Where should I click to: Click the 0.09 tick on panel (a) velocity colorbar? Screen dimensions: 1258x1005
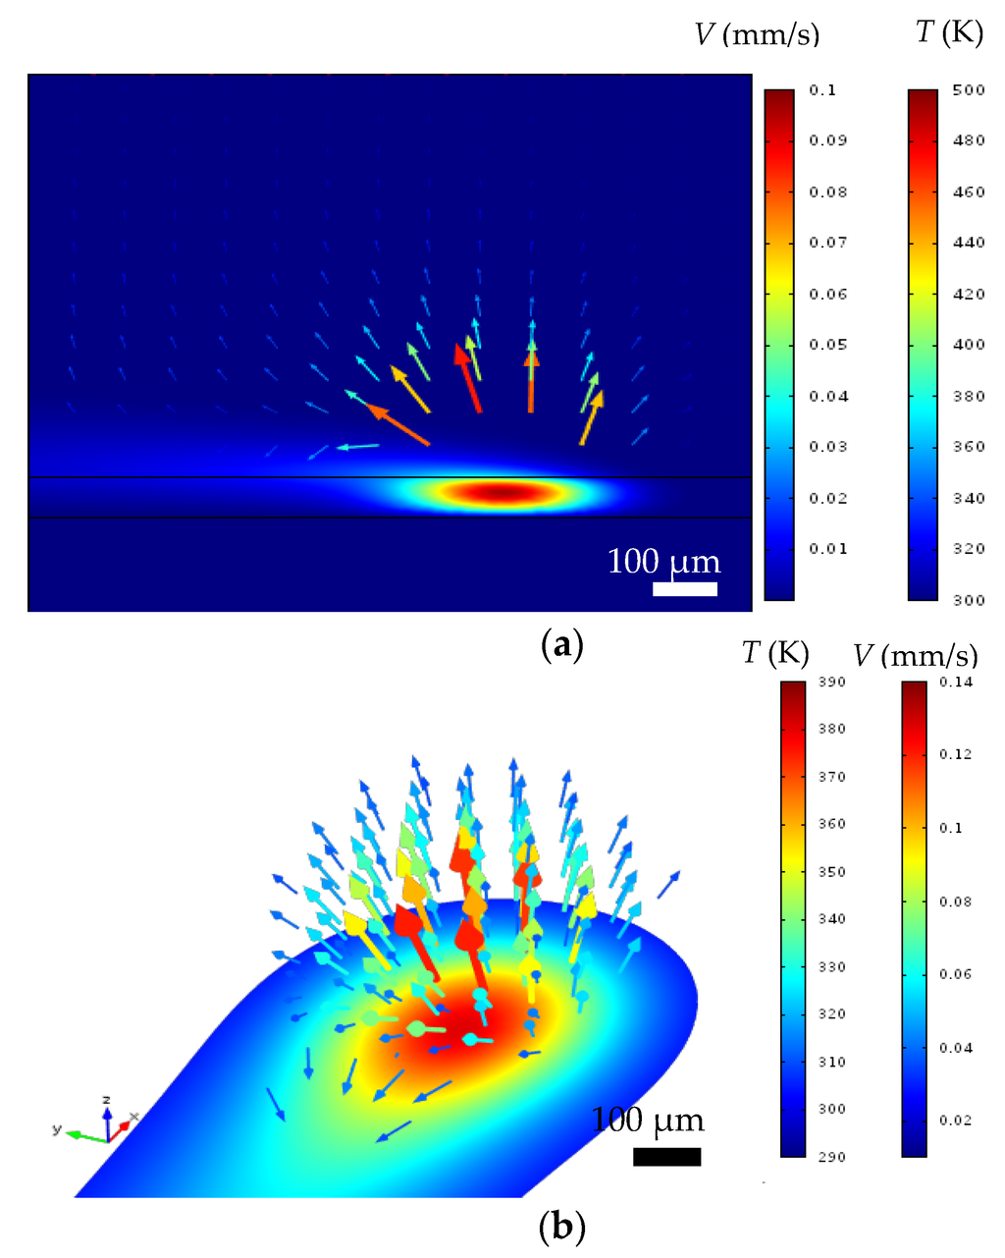827,140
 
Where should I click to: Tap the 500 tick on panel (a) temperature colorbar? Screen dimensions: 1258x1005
968,90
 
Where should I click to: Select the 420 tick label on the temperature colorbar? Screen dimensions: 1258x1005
968,294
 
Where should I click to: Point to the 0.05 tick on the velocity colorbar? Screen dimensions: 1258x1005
827,345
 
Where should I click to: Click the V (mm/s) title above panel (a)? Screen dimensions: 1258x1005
756,35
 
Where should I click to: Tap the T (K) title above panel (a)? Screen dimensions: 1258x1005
948,32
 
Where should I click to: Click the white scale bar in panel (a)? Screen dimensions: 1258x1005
685,589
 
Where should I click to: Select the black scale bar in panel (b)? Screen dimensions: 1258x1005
666,1156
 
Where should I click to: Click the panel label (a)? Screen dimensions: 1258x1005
562,645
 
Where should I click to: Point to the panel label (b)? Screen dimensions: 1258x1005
562,1227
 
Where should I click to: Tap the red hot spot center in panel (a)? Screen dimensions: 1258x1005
500,492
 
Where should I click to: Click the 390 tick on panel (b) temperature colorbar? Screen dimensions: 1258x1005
831,683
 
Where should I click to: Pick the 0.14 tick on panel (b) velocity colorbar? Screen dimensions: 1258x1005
955,683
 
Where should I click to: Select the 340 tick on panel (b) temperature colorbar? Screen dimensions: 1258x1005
831,919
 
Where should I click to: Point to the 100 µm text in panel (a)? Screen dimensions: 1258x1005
663,562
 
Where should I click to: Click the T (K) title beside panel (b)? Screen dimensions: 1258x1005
775,653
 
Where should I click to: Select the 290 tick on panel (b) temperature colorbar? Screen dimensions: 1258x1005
831,1157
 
